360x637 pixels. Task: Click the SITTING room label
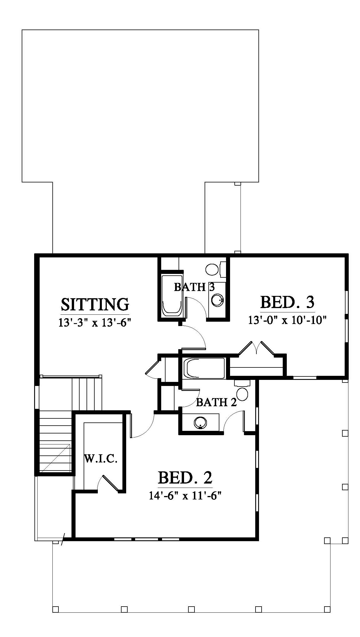[95, 304]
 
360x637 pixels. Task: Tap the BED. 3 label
[287, 302]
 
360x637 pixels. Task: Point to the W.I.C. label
[101, 459]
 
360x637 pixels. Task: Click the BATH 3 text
[194, 287]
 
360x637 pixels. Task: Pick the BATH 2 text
[216, 402]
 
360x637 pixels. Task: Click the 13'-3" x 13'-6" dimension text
[95, 323]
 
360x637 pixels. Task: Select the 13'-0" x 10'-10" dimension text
[287, 320]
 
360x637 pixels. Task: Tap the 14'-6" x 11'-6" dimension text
[185, 496]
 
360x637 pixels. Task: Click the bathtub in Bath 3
[172, 295]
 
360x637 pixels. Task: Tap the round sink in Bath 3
[218, 300]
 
